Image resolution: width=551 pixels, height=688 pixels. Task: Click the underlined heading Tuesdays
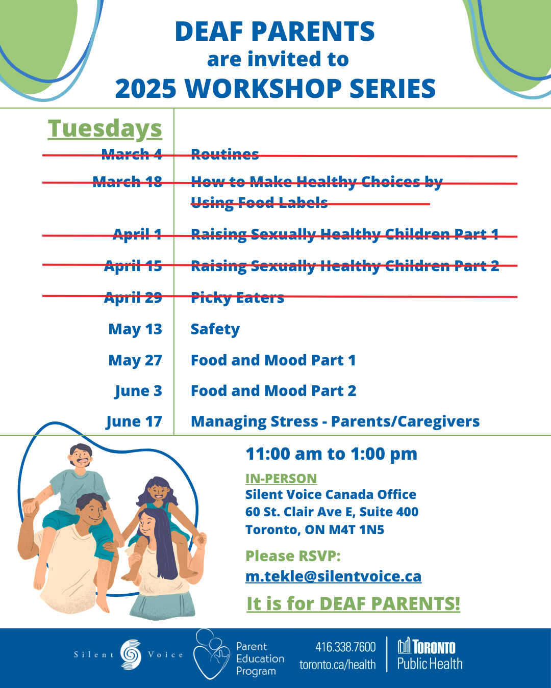click(x=105, y=128)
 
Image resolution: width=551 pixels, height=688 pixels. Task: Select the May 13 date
click(x=135, y=329)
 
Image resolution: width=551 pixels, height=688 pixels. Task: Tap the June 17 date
click(x=134, y=421)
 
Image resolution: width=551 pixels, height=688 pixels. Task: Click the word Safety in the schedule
click(x=215, y=329)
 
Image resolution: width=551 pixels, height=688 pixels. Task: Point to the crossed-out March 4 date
click(x=132, y=154)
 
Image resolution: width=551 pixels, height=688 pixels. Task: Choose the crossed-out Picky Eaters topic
click(x=237, y=298)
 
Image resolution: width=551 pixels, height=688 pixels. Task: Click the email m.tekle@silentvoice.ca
click(x=333, y=576)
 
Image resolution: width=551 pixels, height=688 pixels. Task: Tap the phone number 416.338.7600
click(x=345, y=647)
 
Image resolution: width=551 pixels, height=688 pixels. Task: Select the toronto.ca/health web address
click(x=337, y=665)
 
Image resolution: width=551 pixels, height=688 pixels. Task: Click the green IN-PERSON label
click(x=281, y=479)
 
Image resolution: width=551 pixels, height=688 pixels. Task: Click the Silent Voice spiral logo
click(x=131, y=654)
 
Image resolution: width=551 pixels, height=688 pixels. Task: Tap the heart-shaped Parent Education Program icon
click(x=212, y=654)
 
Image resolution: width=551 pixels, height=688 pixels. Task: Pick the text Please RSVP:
click(x=293, y=556)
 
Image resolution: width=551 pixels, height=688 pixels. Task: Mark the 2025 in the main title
click(x=146, y=88)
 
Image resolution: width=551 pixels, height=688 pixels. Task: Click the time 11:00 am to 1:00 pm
click(x=332, y=454)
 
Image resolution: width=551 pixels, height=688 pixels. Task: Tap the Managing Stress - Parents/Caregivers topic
click(x=335, y=421)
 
